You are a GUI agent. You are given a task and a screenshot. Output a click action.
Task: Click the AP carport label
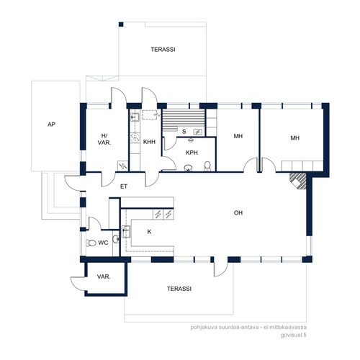pos(51,125)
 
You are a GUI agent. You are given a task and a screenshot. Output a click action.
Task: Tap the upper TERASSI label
pos(163,50)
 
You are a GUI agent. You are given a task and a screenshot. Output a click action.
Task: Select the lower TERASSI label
pos(179,289)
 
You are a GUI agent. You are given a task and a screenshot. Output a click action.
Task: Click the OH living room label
pos(238,213)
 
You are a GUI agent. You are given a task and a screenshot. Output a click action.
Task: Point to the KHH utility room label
pos(149,142)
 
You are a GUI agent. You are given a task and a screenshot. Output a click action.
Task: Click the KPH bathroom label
pos(192,153)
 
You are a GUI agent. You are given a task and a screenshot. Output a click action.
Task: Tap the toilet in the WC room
pos(91,243)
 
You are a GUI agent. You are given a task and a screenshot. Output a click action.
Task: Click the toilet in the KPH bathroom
pos(207,166)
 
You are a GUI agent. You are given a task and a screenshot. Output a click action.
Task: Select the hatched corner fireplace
pos(298,181)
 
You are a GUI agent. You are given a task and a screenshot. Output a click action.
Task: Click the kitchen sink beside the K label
pos(126,232)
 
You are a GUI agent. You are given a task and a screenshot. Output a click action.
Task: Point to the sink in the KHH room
pos(135,117)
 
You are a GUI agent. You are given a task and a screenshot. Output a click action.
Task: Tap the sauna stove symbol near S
pos(198,132)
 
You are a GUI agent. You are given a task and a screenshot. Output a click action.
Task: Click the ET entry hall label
pos(124,186)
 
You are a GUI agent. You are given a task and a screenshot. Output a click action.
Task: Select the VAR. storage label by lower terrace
pos(104,276)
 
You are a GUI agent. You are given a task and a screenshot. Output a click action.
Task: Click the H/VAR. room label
pos(104,139)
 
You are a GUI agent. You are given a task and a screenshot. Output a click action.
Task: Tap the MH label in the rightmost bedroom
pos(295,138)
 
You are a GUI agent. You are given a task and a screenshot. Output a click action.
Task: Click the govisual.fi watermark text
pos(293,335)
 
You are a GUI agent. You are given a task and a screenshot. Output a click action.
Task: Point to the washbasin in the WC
pos(116,239)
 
